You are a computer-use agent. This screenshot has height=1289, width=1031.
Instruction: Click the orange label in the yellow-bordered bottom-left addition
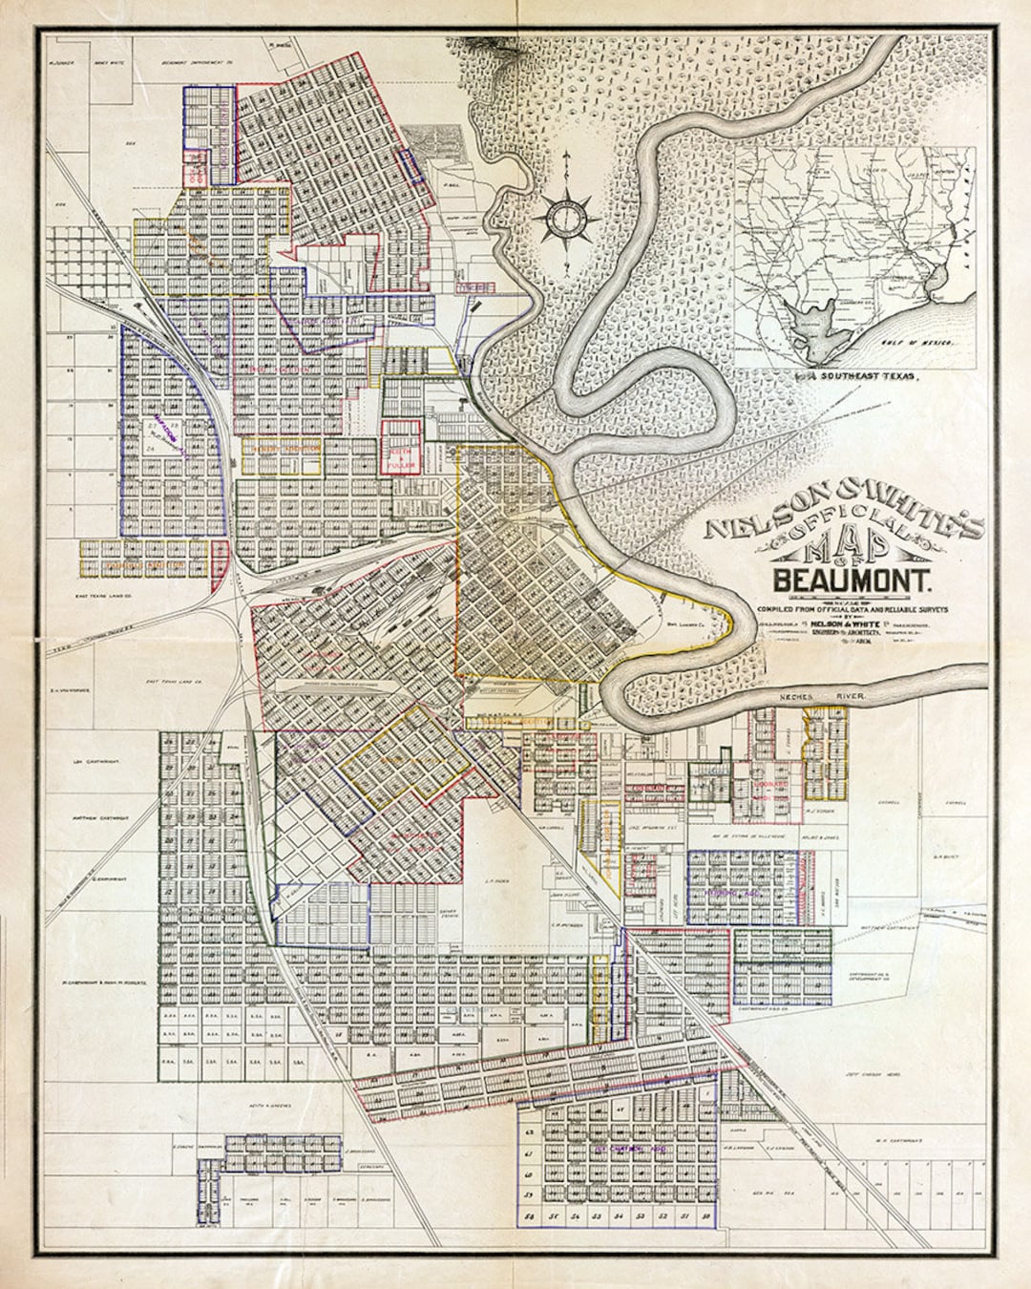coord(143,565)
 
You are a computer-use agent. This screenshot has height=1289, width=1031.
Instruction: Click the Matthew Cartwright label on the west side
coord(98,818)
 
